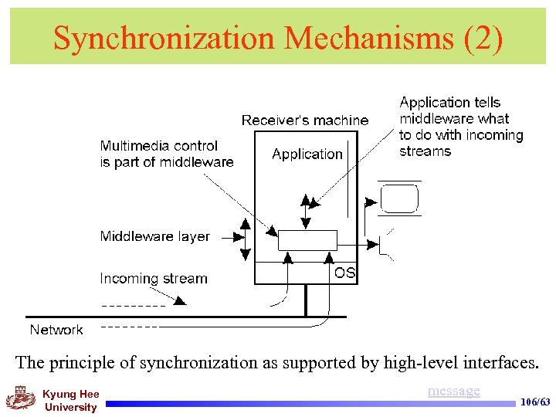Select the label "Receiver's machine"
[305, 120]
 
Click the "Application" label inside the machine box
[307, 154]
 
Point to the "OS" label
[344, 273]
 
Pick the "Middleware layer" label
[154, 236]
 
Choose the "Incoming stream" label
[154, 279]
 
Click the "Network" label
[56, 330]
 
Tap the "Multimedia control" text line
[159, 146]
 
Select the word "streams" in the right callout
[425, 151]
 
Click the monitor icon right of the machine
[400, 198]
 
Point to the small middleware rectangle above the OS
[307, 240]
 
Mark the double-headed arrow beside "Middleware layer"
[244, 238]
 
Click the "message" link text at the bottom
[453, 391]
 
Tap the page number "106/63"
[536, 402]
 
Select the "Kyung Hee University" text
[70, 401]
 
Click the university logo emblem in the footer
[21, 398]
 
